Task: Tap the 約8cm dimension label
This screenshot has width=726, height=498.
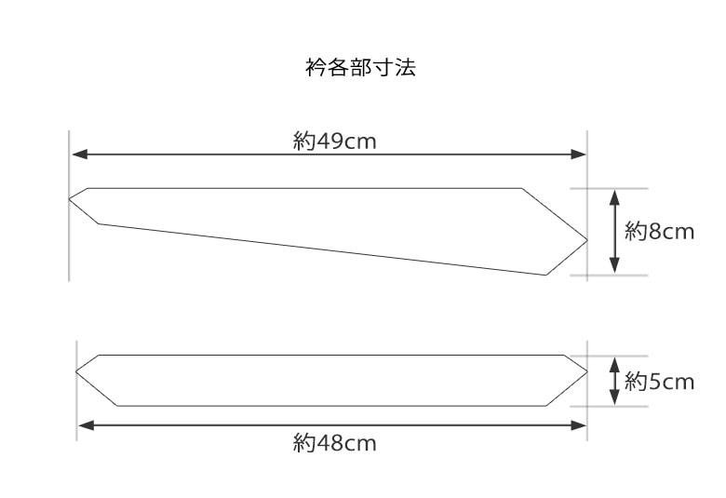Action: [660, 231]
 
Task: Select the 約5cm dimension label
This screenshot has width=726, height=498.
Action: [660, 382]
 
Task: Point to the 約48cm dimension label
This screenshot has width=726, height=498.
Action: [334, 443]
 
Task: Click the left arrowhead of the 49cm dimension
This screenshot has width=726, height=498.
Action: [77, 155]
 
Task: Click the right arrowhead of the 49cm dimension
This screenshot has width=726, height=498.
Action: [580, 155]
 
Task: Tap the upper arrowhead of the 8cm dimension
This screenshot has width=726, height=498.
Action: [614, 194]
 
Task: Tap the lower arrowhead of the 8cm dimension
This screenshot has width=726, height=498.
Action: [614, 268]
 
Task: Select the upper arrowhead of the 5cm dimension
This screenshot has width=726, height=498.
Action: [614, 363]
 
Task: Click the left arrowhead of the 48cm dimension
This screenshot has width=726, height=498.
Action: [84, 425]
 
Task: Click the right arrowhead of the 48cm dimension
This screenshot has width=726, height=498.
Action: [580, 425]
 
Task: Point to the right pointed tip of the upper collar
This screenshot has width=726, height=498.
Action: [586, 240]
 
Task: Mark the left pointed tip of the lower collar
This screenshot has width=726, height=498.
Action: [76, 371]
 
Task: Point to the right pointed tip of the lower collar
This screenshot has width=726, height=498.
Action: [586, 370]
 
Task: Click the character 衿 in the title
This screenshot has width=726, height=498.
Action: [314, 69]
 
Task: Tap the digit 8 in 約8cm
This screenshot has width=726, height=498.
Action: [654, 231]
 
